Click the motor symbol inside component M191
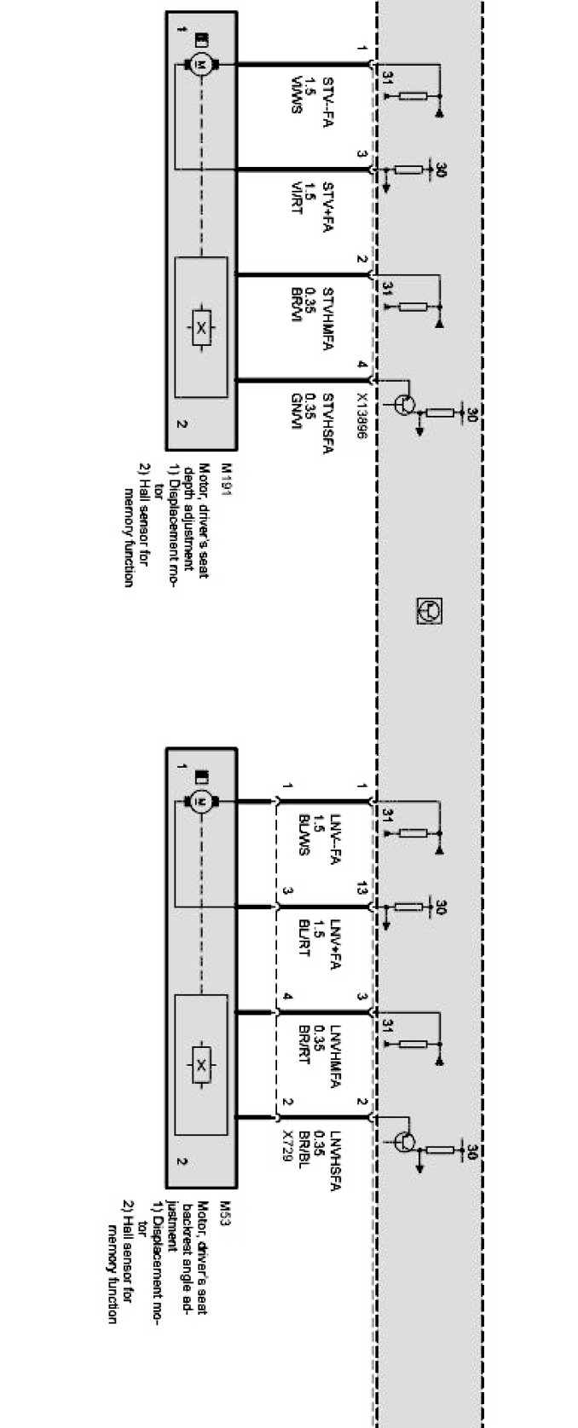(x=201, y=64)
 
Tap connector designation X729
(x=287, y=1146)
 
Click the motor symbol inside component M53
(x=201, y=800)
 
